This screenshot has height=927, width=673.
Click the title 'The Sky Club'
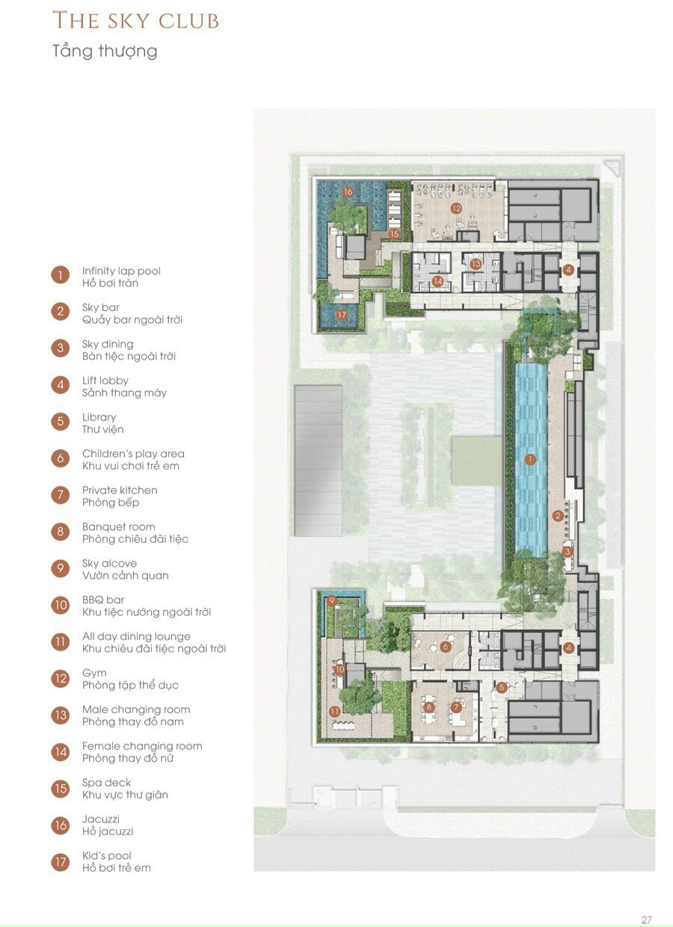pos(135,21)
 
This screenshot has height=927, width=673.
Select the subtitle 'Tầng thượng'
pos(105,52)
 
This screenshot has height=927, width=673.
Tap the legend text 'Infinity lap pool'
pos(121,271)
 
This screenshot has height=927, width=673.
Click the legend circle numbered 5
pos(61,422)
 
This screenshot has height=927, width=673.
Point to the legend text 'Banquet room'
pos(119,527)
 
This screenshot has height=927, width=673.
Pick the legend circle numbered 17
pos(61,862)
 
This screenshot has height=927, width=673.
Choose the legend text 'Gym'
pos(94,674)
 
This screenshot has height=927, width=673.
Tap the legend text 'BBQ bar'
pos(103,600)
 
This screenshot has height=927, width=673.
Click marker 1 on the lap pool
pos(529,459)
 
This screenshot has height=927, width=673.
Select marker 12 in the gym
pos(456,208)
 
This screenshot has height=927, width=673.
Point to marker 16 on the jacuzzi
pos(348,191)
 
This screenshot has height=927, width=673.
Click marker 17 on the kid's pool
pos(342,315)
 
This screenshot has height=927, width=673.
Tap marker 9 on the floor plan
pos(331,600)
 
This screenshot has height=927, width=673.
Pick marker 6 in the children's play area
pos(446,647)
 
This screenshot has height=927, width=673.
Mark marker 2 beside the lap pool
pos(558,516)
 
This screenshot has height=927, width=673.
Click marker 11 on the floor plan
pos(334,712)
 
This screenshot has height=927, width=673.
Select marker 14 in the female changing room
pos(437,281)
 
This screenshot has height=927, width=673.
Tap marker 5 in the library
pos(501,687)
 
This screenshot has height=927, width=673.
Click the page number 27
pos(647,917)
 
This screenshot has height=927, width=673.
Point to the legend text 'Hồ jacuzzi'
pos(108,831)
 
